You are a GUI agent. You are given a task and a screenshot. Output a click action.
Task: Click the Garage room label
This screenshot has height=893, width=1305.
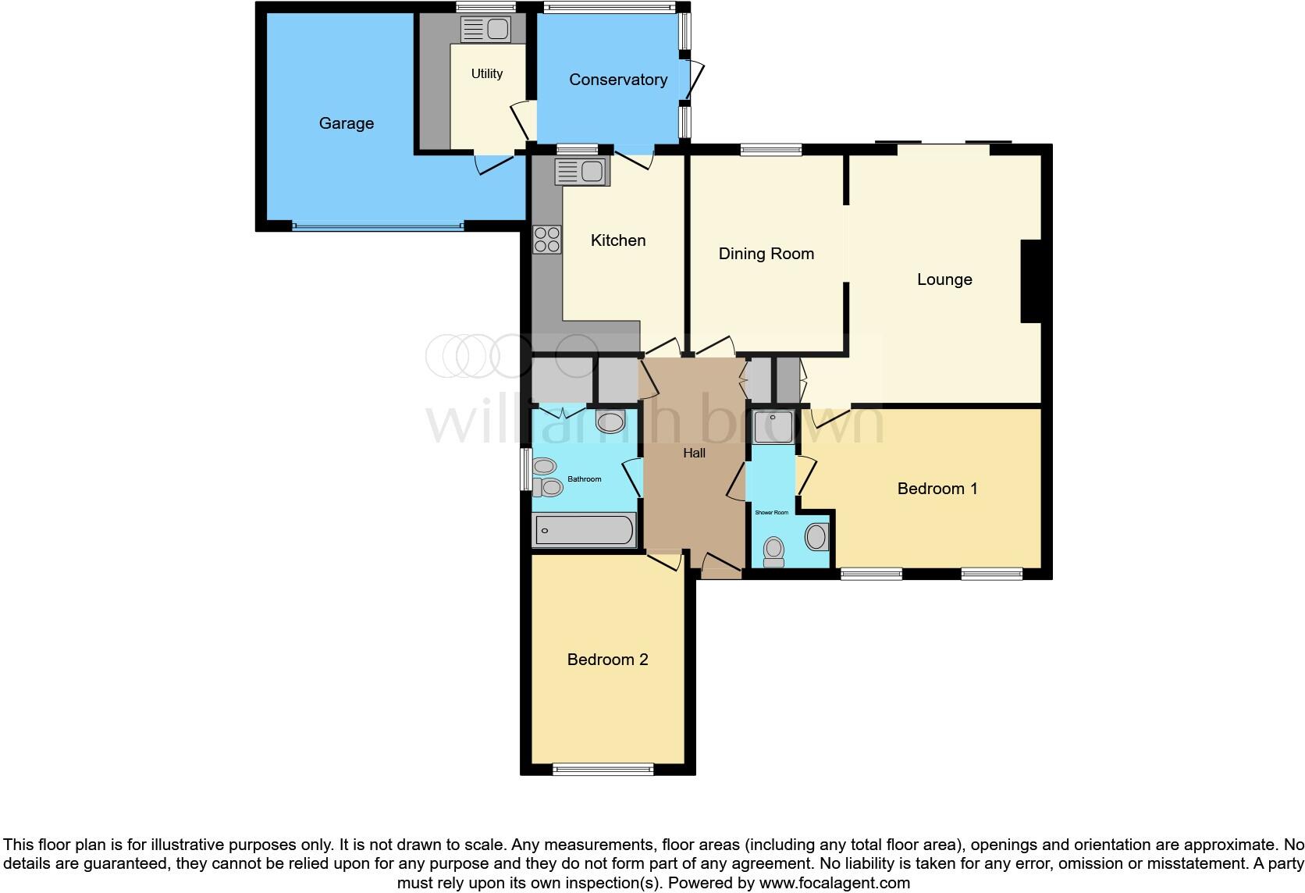[x=346, y=123]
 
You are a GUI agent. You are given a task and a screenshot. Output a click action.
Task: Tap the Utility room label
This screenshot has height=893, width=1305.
[x=486, y=73]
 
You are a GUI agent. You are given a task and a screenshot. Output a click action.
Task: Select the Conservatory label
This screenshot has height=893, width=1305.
[x=617, y=80]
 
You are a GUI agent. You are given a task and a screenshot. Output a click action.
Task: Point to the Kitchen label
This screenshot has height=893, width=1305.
[x=617, y=240]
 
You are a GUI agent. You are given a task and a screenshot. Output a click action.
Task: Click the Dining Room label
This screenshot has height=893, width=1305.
[x=766, y=254]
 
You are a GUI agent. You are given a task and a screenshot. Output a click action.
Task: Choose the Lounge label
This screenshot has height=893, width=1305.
[x=944, y=279]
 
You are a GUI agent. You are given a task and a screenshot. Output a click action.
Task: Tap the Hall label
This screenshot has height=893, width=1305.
[x=694, y=453]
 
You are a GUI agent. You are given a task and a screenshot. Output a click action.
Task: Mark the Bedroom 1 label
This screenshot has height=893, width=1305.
[x=937, y=489]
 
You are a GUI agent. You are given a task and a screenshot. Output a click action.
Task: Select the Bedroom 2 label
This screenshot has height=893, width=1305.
[x=607, y=660]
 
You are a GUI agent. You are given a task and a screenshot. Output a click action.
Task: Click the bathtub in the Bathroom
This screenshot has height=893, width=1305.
[x=584, y=530]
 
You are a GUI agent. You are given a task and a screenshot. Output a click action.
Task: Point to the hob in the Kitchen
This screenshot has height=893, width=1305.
[x=546, y=239]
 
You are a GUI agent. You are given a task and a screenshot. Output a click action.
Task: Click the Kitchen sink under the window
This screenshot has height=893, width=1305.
[x=581, y=172]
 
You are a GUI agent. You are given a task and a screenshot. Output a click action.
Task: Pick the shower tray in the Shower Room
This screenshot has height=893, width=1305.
[x=773, y=426]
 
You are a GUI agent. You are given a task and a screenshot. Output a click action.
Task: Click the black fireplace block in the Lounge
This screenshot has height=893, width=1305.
[x=1031, y=281]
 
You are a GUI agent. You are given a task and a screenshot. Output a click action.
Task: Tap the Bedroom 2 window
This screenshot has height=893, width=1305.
[x=603, y=770]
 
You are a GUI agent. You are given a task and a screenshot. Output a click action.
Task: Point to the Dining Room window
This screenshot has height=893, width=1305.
[x=770, y=150]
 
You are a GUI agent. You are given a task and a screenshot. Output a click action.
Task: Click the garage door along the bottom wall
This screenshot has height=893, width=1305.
[x=378, y=226]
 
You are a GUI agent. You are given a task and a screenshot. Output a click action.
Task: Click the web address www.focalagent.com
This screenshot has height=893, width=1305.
[x=834, y=883]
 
